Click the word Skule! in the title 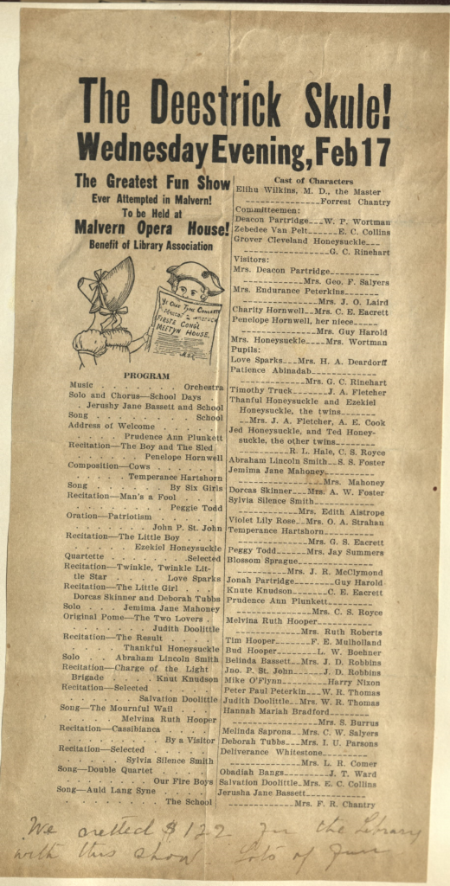pyautogui.click(x=335, y=105)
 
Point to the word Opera pyautogui.click(x=160, y=228)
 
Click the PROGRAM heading pyautogui.click(x=147, y=376)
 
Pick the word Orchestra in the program pyautogui.click(x=202, y=387)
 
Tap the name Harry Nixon pyautogui.click(x=354, y=682)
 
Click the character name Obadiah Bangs pyautogui.click(x=254, y=772)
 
